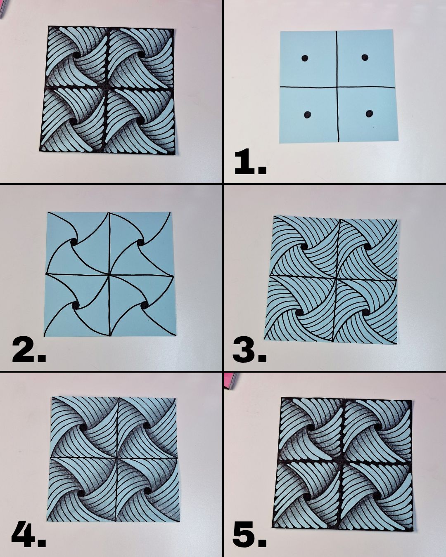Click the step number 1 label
coord(250,162)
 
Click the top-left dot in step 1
coord(305,58)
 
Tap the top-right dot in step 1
coord(365,57)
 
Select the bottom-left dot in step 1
coord(307,115)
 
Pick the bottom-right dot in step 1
coord(370,113)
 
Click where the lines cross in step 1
coord(337,87)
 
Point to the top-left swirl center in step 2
coord(74,243)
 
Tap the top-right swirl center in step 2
coord(140,243)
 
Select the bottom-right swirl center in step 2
coord(144,307)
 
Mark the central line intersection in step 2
coord(109,274)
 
